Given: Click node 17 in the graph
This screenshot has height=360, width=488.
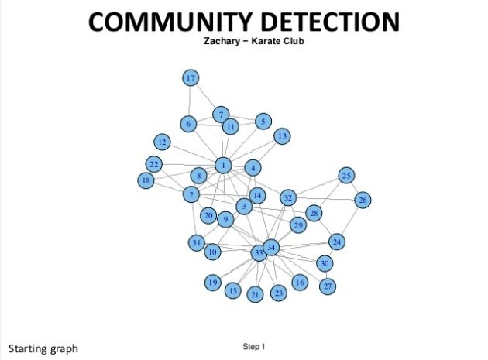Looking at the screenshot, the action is coord(191,77).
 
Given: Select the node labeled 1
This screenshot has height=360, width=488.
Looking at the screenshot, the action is coord(224,165).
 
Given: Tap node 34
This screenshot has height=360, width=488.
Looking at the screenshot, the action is coord(270,248).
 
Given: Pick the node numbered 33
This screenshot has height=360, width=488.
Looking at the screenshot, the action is coord(258,252).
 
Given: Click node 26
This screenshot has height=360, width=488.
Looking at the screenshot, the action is coord(362,200).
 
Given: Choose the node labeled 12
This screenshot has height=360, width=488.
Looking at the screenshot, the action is coord(162,142).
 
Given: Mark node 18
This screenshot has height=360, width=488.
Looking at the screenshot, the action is coord(146,180).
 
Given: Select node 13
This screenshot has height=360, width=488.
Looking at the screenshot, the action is coord(282,136).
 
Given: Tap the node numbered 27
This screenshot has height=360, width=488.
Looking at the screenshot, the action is coord(328,286).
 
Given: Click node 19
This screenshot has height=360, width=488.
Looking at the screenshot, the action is coord(212,283).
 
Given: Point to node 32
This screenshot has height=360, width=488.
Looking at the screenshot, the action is coord(288,197).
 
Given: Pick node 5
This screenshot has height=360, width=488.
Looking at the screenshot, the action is coord(263,121).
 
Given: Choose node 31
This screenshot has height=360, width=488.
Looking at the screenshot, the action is coord(196,243).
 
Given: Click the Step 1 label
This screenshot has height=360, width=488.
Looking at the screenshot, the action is coord(253,346).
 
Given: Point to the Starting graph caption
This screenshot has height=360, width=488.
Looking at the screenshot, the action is coord(43,348).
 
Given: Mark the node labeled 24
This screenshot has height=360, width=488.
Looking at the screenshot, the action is coord(337,242).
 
